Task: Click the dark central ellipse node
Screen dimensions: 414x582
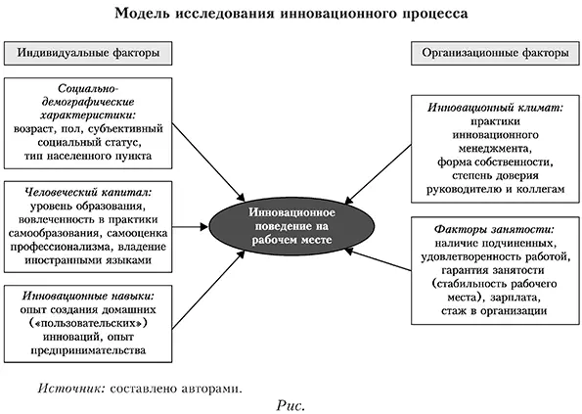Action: click(291, 224)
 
